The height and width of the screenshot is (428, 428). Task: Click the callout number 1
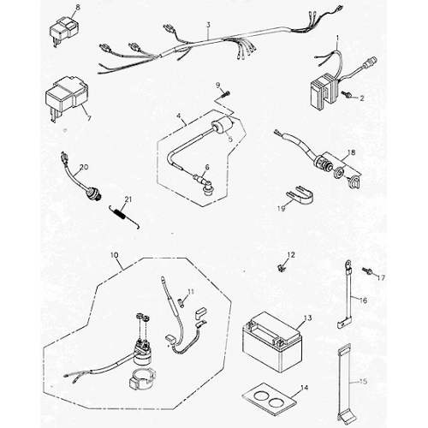[x=337, y=38]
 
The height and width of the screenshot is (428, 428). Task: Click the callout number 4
[x=178, y=116]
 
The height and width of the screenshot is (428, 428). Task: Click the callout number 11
[x=191, y=294]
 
